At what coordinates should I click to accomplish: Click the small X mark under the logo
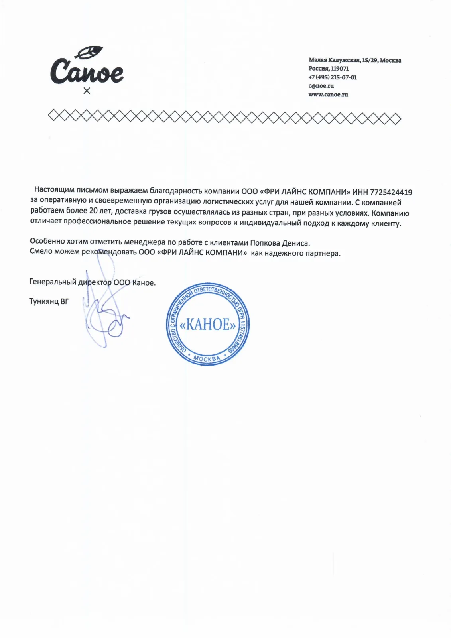[87, 91]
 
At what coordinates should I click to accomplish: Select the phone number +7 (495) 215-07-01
[332, 77]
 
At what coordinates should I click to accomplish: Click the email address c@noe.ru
[321, 86]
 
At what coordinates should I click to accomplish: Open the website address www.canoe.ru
[328, 95]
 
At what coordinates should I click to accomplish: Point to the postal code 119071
[340, 69]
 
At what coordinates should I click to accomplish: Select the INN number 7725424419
[391, 193]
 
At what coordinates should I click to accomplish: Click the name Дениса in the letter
[295, 243]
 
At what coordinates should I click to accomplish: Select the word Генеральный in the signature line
[53, 282]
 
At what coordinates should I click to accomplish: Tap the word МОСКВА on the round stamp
[207, 358]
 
